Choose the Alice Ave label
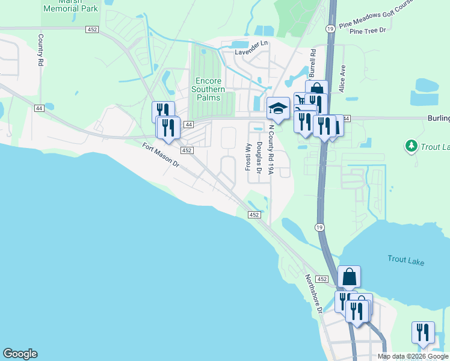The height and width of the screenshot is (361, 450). click(342, 78)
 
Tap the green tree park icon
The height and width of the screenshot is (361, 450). click(411, 146)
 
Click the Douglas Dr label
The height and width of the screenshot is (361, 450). click(259, 158)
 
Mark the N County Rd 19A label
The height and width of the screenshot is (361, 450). click(271, 150)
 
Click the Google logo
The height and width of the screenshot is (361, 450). click(20, 354)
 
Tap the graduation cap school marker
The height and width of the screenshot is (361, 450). click(277, 108)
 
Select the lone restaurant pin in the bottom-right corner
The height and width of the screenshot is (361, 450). click(423, 333)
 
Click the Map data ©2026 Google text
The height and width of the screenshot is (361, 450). click(413, 356)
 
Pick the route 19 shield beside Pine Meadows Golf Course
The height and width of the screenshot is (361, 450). click(330, 28)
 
